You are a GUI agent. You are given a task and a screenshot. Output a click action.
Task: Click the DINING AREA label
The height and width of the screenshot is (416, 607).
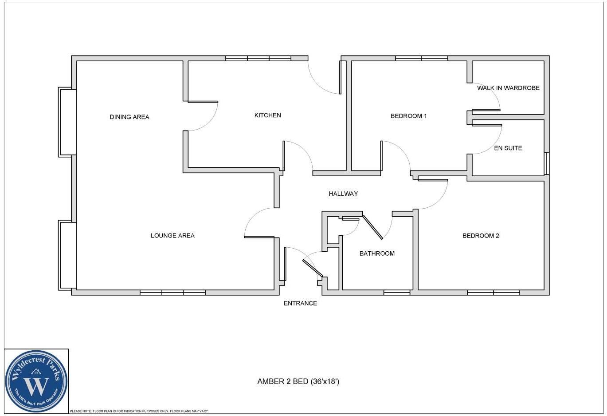pos(129,117)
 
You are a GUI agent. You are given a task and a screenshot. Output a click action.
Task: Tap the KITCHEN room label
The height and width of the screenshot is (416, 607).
pos(267,115)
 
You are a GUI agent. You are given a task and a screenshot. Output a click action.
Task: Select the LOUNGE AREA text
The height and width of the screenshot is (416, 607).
pos(172,236)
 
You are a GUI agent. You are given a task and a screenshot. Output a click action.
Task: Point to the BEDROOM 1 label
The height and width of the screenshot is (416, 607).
pos(408,116)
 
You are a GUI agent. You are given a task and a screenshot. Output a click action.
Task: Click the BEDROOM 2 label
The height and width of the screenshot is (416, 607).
pos(481,236)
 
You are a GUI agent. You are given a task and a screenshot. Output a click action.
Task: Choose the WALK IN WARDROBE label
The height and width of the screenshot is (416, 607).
pos(508,88)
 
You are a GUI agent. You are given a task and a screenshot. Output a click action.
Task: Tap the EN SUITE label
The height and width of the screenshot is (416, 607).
pos(508,148)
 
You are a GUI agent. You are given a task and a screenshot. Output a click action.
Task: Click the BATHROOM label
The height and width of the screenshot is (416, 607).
pos(377,254)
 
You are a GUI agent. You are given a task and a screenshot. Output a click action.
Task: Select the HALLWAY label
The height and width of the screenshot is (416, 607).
pos(343,194)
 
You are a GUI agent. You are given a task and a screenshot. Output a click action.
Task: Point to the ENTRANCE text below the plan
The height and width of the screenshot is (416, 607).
pos(300,304)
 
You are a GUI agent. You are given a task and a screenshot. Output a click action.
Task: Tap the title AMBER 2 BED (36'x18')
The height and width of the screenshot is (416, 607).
pos(298,381)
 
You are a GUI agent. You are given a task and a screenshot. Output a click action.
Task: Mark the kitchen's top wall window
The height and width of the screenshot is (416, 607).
pos(258,58)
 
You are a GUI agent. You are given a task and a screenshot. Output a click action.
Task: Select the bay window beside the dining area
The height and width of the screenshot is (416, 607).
pos(67,122)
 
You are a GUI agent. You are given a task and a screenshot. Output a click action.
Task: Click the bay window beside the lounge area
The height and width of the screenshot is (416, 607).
pos(67,255)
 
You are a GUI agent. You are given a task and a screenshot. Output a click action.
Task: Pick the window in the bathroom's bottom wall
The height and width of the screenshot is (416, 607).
pos(396,293)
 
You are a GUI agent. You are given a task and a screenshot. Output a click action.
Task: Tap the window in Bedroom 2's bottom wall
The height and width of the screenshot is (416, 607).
pos(493,293)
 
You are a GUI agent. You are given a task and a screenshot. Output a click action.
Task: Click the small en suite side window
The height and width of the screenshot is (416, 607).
pos(547,163)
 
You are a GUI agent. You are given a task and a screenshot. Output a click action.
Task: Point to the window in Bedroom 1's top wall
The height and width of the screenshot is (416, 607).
pos(421,58)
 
